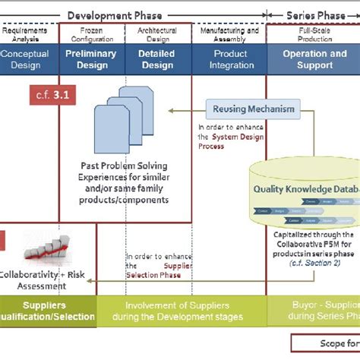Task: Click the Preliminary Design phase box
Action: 91,59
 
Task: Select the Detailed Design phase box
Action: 157,59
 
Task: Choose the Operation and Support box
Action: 314,59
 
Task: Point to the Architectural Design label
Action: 157,35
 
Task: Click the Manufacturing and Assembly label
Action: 229,35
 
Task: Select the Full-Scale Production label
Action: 314,35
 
